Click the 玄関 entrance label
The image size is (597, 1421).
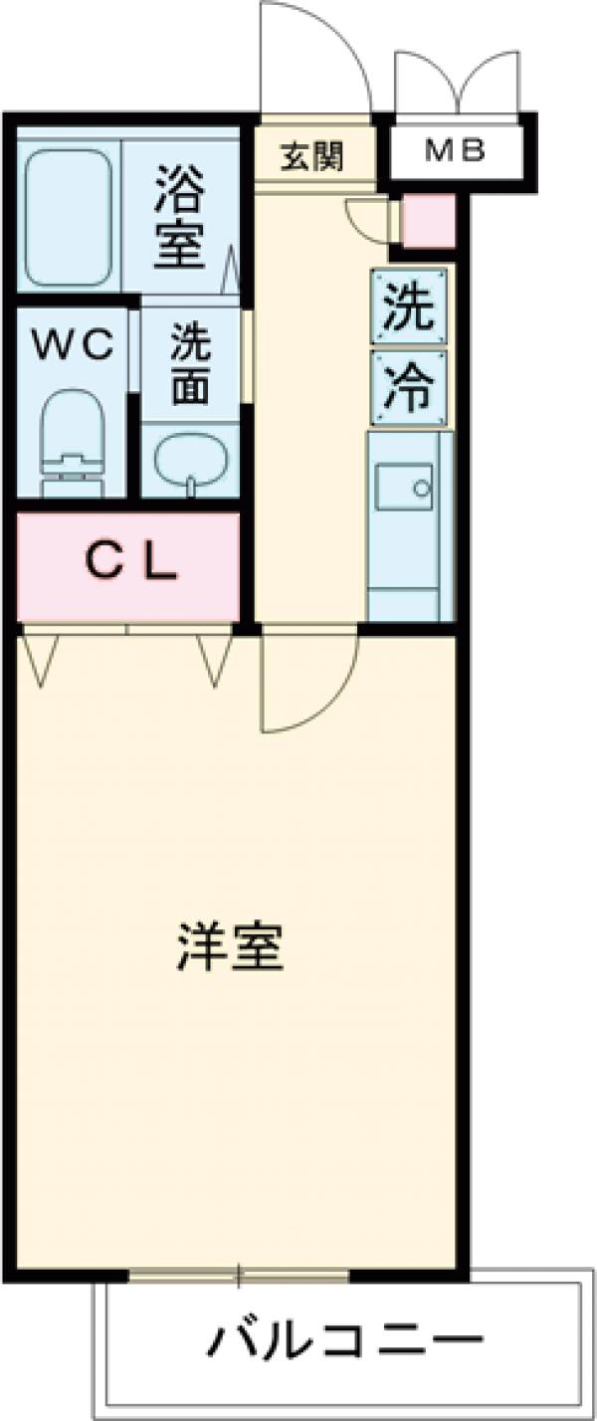(x=312, y=156)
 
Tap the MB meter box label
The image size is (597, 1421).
(x=454, y=151)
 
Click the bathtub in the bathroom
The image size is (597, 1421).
(x=68, y=217)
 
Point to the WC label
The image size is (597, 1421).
(x=72, y=345)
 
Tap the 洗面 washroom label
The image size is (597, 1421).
(x=189, y=365)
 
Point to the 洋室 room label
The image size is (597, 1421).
(x=231, y=947)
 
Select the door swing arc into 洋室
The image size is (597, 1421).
(x=308, y=682)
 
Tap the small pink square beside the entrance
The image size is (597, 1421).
(x=428, y=222)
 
